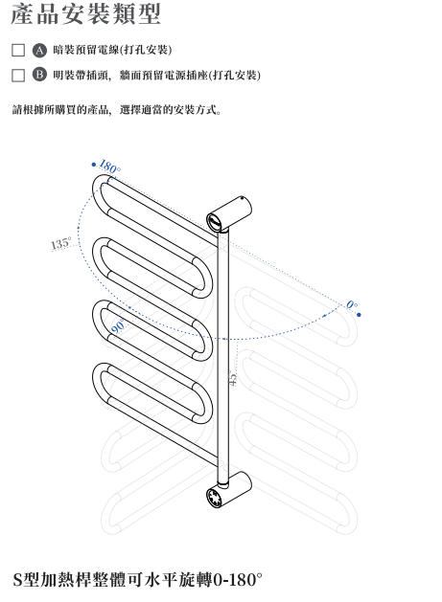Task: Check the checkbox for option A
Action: click(18, 50)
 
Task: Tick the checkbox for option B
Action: click(18, 76)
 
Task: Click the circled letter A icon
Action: click(39, 51)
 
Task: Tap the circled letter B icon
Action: click(39, 74)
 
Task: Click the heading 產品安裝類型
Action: click(85, 14)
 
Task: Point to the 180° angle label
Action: click(109, 167)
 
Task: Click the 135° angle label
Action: click(60, 243)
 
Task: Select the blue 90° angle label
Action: click(118, 326)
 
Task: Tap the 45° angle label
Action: click(233, 379)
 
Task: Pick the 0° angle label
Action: click(352, 305)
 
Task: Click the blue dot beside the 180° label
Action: click(93, 165)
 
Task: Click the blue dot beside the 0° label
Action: click(359, 315)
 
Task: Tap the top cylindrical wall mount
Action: click(229, 213)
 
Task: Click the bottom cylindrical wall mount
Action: click(229, 490)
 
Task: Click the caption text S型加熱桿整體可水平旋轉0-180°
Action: click(137, 580)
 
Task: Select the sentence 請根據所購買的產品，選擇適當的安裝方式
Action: click(117, 110)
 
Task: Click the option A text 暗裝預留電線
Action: click(86, 50)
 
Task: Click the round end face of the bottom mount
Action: click(215, 498)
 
